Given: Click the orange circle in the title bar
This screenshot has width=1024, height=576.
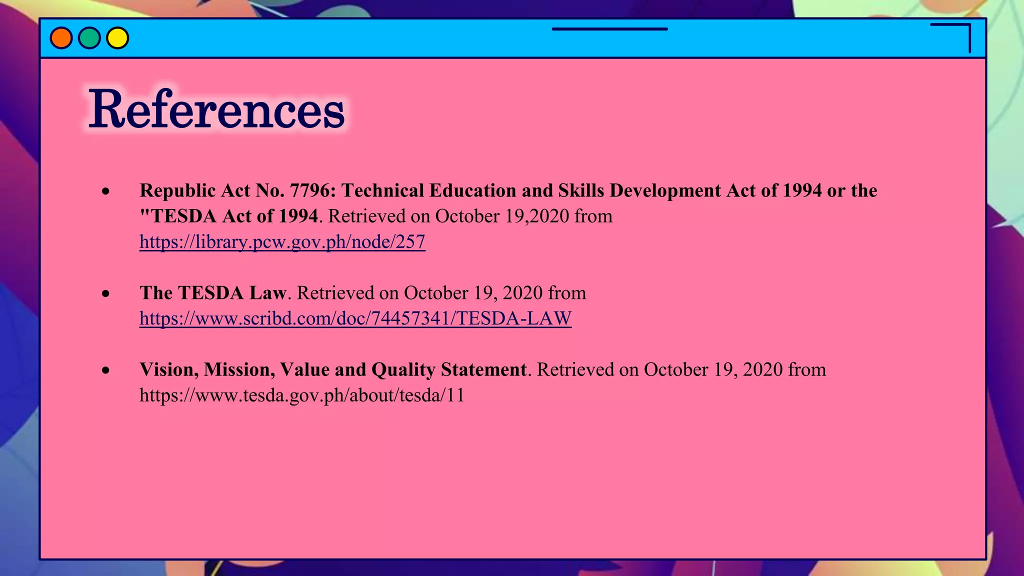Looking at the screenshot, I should click(61, 38).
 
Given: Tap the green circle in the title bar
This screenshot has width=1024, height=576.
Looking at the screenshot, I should click(89, 38).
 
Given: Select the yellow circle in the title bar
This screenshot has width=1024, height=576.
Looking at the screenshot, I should click(117, 38).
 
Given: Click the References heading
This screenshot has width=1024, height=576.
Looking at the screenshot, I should click(216, 108).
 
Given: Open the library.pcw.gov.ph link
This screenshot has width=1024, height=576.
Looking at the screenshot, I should click(282, 242).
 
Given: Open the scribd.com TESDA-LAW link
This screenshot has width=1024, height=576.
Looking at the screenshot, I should click(355, 318).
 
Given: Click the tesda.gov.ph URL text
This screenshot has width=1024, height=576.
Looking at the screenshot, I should click(301, 395).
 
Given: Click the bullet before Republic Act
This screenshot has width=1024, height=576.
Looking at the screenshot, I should click(105, 191).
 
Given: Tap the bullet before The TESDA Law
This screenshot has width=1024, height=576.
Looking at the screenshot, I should click(105, 293).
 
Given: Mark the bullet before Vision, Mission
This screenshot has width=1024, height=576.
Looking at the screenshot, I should click(105, 370).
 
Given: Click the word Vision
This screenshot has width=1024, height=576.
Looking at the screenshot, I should click(168, 369).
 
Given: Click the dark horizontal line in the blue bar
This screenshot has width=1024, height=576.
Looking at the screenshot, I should click(609, 29).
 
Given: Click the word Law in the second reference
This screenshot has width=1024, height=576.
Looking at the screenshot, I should click(267, 293).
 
